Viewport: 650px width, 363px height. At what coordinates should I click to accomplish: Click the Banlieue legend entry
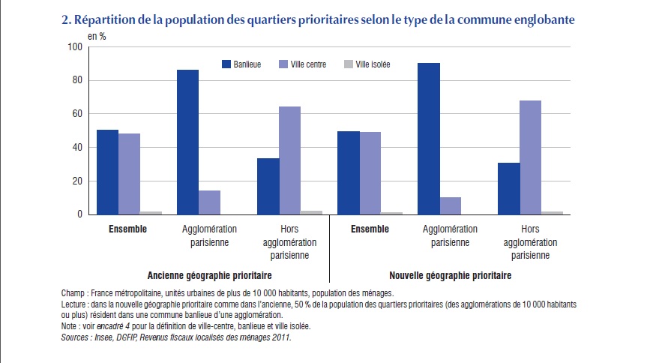(241, 64)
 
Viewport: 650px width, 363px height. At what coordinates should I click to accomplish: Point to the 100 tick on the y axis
(73, 47)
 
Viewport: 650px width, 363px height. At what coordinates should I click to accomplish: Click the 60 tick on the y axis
(76, 114)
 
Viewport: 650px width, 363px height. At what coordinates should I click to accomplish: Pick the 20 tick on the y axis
(76, 181)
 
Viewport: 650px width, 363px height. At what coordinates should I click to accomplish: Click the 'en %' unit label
(97, 35)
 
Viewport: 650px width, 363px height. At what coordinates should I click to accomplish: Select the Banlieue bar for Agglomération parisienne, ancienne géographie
(187, 142)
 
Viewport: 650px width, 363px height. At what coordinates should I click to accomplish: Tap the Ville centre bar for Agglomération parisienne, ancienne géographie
(210, 202)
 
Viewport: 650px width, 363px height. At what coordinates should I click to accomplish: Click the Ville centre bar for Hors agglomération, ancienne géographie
(290, 160)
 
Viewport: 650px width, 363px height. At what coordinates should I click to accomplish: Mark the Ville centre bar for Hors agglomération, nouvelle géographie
(530, 157)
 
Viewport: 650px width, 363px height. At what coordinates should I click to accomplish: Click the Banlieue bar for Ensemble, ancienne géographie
(107, 172)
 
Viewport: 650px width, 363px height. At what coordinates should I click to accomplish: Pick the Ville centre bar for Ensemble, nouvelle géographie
(370, 173)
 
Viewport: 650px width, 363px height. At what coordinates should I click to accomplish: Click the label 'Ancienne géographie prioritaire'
(209, 276)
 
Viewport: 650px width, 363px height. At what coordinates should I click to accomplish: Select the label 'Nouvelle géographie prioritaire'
(451, 276)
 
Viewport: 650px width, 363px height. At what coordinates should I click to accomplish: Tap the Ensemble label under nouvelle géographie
(370, 229)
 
